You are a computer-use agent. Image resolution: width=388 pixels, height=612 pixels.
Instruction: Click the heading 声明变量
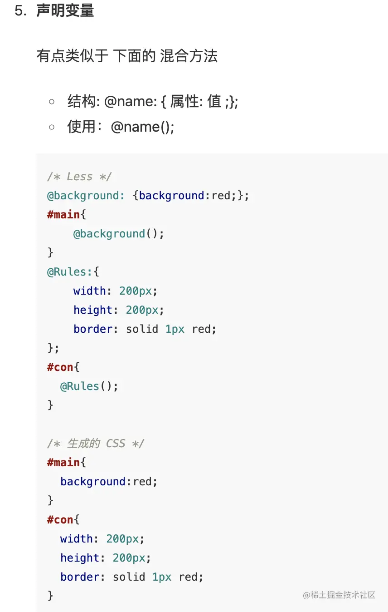pyautogui.click(x=65, y=10)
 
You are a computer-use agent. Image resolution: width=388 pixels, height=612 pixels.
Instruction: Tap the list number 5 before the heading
pyautogui.click(x=19, y=11)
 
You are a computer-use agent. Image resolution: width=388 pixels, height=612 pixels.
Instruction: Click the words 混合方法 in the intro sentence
pyautogui.click(x=189, y=56)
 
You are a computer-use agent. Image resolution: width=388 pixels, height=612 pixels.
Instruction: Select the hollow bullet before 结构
pyautogui.click(x=52, y=102)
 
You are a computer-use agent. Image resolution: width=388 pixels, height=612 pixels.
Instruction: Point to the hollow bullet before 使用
pyautogui.click(x=52, y=127)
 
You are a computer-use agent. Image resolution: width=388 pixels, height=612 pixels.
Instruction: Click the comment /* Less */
pyautogui.click(x=79, y=177)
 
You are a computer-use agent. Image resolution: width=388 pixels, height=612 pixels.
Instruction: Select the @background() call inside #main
pyautogui.click(x=118, y=234)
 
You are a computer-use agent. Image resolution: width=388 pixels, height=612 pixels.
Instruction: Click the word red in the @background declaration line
pyautogui.click(x=221, y=196)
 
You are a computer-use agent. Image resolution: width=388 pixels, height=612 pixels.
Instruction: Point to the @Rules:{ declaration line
pyautogui.click(x=73, y=272)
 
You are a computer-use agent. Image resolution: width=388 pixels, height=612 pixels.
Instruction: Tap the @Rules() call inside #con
pyautogui.click(x=89, y=386)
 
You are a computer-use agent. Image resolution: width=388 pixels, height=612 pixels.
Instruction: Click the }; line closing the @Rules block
pyautogui.click(x=53, y=348)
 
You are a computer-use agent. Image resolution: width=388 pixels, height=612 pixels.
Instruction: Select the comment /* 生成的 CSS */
pyautogui.click(x=96, y=443)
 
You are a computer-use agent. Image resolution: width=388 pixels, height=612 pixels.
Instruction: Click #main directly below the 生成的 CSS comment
pyautogui.click(x=63, y=462)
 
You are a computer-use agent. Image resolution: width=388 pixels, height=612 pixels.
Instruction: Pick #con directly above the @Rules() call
pyautogui.click(x=60, y=367)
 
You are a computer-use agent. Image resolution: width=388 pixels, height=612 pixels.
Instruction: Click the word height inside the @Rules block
pyautogui.click(x=93, y=310)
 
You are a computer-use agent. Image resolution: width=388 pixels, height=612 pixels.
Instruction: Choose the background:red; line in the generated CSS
pyautogui.click(x=109, y=481)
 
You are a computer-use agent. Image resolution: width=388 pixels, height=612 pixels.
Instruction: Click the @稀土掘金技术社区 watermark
pyautogui.click(x=339, y=595)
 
